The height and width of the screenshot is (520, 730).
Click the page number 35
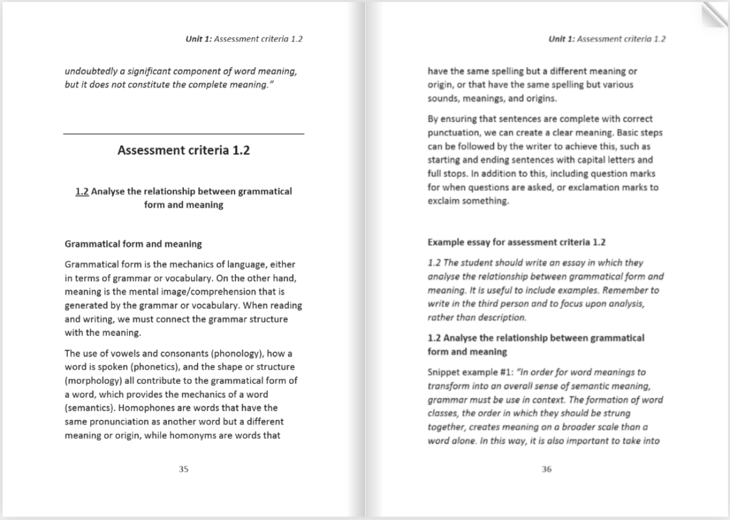click(183, 469)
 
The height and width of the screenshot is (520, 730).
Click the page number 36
click(547, 469)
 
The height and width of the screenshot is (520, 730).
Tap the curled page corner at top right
click(714, 14)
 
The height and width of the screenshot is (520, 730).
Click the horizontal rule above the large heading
click(183, 133)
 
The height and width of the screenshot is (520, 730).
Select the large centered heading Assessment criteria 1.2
click(183, 151)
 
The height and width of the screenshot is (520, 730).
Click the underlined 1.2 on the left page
click(81, 191)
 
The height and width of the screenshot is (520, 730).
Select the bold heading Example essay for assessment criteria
click(516, 242)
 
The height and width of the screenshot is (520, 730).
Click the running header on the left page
click(244, 39)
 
